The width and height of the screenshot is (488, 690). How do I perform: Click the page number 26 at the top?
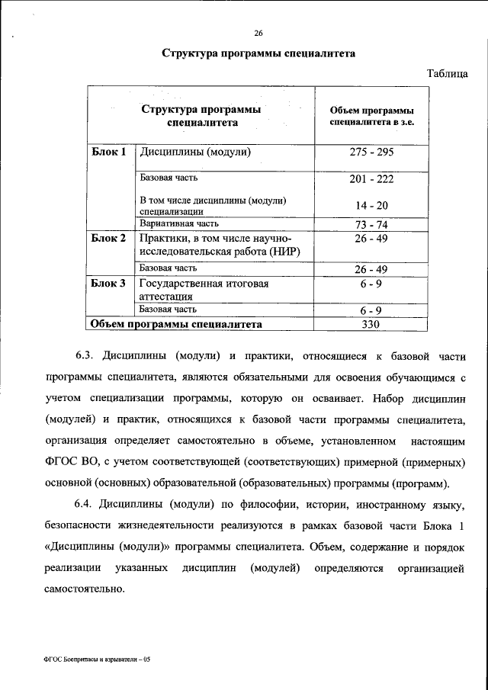[258, 33]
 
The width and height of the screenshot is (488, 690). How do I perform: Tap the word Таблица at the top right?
[447, 73]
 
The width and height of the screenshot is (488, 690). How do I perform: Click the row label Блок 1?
[108, 152]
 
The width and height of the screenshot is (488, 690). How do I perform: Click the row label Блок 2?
[108, 239]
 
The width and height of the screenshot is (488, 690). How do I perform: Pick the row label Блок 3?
[108, 284]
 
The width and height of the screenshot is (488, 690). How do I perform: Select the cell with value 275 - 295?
[371, 152]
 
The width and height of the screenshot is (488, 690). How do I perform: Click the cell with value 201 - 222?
[371, 179]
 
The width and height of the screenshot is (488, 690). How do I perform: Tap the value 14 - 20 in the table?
[371, 206]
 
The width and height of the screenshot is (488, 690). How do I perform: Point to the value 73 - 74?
[371, 225]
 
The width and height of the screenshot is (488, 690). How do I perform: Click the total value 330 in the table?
[371, 325]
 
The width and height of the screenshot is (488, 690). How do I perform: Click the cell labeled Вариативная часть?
[180, 224]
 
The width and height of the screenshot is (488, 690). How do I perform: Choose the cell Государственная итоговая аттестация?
[204, 290]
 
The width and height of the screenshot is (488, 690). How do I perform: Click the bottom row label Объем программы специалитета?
[176, 324]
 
